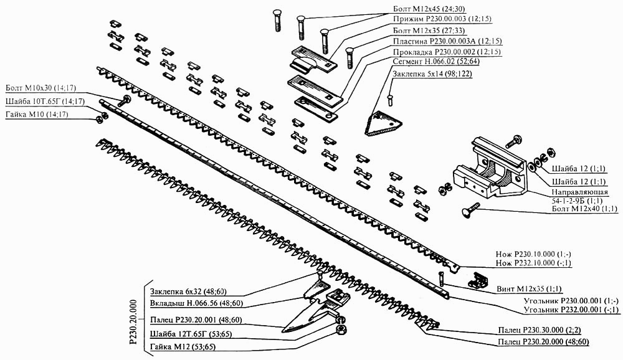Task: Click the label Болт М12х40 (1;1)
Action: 583,209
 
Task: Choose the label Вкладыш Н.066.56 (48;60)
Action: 197,303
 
